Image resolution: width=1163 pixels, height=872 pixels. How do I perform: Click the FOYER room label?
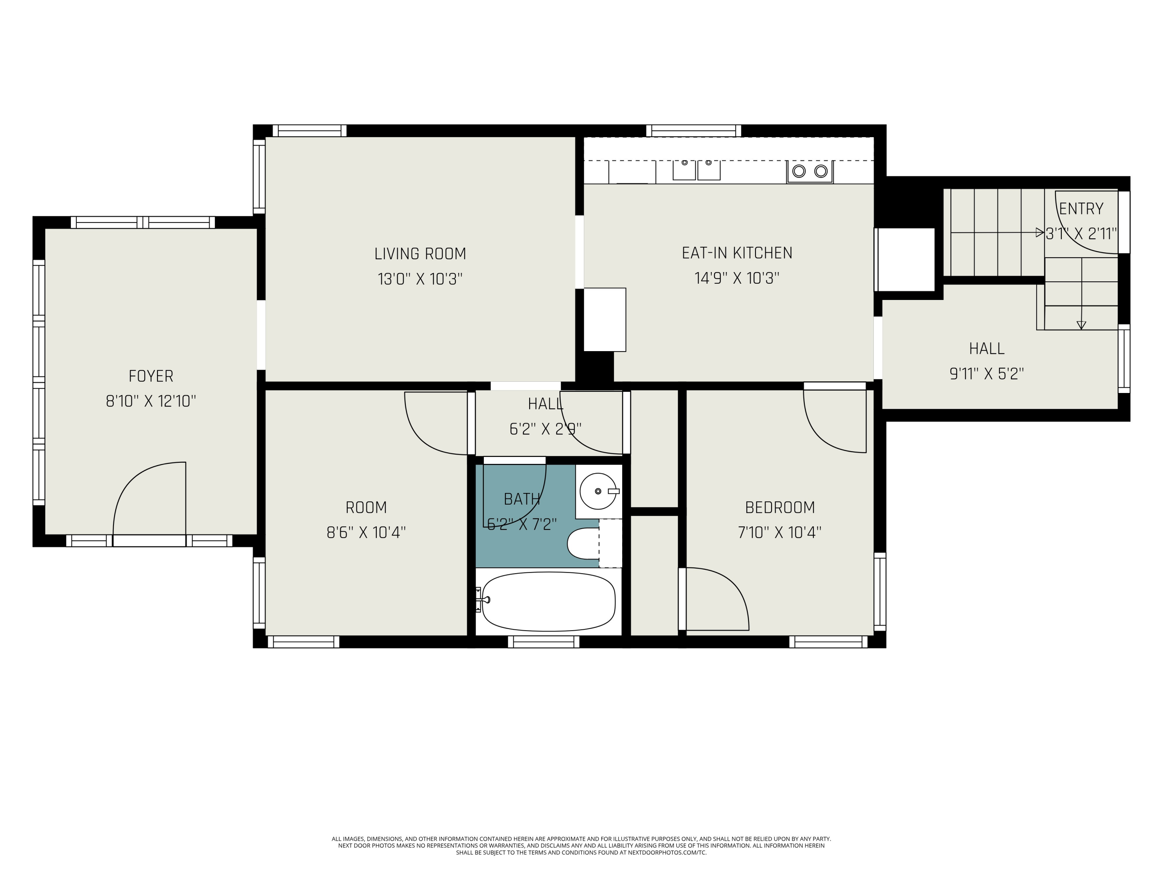pyautogui.click(x=151, y=376)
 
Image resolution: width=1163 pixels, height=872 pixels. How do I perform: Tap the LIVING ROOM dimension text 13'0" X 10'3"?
pyautogui.click(x=419, y=279)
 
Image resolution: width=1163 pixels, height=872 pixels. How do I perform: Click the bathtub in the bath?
pyautogui.click(x=549, y=601)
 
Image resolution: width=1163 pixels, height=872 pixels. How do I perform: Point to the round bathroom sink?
pyautogui.click(x=598, y=491)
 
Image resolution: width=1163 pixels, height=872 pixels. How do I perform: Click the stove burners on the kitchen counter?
pyautogui.click(x=810, y=171)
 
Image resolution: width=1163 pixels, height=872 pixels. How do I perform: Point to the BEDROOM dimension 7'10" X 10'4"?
pyautogui.click(x=779, y=533)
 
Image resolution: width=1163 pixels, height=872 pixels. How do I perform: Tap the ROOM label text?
pyautogui.click(x=366, y=508)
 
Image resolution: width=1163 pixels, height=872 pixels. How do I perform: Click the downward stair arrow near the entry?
pyautogui.click(x=1081, y=325)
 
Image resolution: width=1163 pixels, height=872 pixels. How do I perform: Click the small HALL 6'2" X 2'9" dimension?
pyautogui.click(x=545, y=429)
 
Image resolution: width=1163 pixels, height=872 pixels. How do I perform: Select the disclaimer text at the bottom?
pyautogui.click(x=581, y=845)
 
